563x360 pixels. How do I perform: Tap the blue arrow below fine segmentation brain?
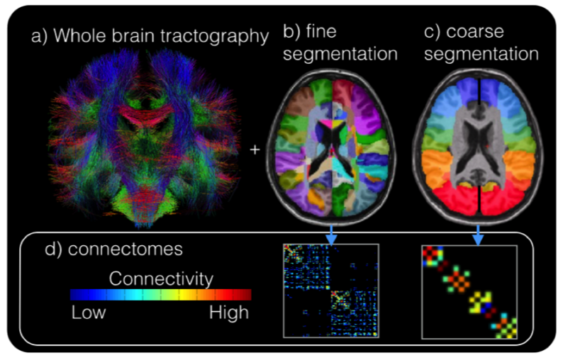[x=332, y=234]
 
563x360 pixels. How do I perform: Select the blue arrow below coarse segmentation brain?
[x=478, y=234]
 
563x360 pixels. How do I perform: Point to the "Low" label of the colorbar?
[x=89, y=313]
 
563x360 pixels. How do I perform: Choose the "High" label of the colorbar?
[x=229, y=313]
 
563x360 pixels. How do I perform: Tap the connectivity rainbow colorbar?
[x=161, y=295]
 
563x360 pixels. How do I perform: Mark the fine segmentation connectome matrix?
[x=332, y=291]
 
